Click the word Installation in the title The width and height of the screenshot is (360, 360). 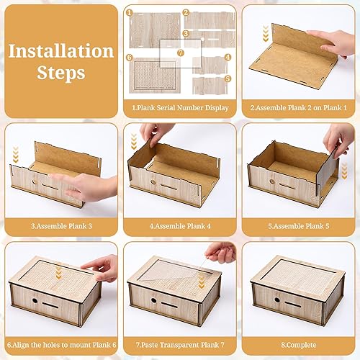coord(61,51)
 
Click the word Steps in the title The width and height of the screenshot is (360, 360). coord(61,73)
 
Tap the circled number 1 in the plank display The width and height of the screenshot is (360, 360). coord(130,13)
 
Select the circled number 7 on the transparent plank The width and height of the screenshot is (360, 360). coord(181,53)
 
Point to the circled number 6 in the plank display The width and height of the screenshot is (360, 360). coord(130,58)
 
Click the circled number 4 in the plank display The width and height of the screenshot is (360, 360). coord(228,57)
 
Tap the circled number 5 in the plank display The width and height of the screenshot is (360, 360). coord(228,78)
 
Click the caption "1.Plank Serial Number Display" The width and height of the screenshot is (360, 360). coord(180,108)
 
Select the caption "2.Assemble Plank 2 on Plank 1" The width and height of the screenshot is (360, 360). coord(299,108)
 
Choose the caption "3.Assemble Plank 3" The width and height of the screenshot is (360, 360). coord(61,226)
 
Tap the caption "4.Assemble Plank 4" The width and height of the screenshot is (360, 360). coord(180,226)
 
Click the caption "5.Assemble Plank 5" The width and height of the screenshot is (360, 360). coord(299,226)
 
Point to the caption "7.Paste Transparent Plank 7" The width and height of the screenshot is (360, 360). coord(180,345)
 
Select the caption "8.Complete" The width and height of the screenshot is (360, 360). coord(299,345)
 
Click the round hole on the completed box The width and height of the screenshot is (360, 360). coord(277,300)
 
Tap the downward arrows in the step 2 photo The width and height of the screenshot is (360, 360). coord(266,33)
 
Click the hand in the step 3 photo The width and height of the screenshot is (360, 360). coord(84,187)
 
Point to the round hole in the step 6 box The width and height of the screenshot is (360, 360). coord(35,300)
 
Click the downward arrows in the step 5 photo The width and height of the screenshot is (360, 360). coord(344,171)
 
